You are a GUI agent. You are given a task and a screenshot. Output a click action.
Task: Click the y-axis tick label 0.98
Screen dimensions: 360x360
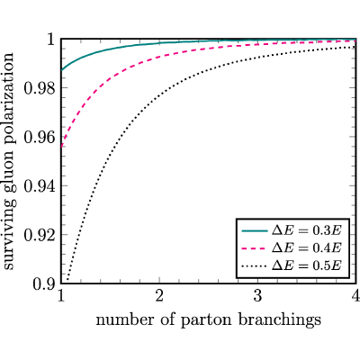[x=40, y=88]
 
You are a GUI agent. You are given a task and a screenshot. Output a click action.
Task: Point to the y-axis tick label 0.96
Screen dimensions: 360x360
[x=40, y=138]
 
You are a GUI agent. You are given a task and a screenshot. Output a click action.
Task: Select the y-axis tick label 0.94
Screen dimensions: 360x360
[x=40, y=186]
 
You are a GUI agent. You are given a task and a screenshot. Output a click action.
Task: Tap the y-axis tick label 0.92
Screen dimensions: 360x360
[x=40, y=235]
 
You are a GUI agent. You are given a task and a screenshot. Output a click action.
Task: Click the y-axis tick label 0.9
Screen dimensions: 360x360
[x=44, y=284]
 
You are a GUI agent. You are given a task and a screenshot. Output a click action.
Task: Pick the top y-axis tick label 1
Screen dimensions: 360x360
[x=51, y=40]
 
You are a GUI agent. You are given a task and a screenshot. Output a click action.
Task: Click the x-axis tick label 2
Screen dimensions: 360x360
[x=159, y=296]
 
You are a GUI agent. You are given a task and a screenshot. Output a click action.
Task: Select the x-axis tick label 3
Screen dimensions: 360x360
[x=257, y=296]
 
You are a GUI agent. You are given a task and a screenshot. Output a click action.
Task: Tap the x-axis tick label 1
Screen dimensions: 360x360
[x=61, y=296]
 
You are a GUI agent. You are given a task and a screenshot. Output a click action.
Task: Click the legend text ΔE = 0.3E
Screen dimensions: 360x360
[x=307, y=230]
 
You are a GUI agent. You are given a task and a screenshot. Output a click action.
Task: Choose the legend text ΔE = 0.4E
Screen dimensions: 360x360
[x=307, y=247]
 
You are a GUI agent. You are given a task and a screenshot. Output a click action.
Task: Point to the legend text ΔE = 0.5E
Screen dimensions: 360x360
[x=307, y=265]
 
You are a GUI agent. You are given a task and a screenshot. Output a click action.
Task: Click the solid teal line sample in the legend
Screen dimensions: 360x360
[x=255, y=230]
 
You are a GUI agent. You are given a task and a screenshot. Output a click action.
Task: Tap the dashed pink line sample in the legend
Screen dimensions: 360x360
[x=255, y=248]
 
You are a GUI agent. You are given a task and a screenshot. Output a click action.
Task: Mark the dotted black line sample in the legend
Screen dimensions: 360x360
[x=255, y=265]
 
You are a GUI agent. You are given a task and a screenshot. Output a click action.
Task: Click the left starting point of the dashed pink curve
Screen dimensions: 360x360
[x=61, y=147]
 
